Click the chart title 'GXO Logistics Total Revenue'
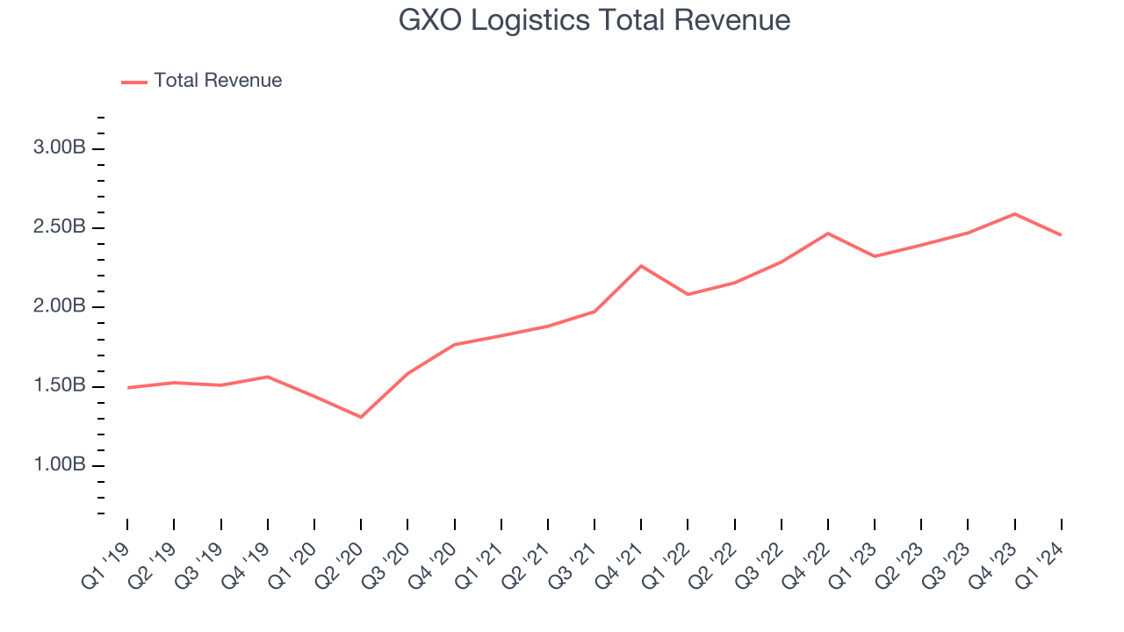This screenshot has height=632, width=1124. [594, 19]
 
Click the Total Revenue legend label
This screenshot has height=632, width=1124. [218, 81]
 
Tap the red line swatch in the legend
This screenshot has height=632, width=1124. [134, 82]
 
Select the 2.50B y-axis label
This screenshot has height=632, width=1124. [60, 227]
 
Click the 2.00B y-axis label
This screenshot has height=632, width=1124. [60, 307]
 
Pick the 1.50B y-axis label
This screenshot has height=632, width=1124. [60, 386]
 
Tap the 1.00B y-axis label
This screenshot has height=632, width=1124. [60, 465]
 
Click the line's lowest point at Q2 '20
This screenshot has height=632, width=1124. [361, 417]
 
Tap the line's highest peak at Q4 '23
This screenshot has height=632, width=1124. [1015, 213]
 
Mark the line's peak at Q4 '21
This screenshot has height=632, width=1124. [641, 265]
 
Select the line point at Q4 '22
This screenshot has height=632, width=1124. [828, 233]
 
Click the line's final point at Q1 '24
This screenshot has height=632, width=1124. [1062, 235]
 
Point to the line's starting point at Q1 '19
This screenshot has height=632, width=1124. [127, 387]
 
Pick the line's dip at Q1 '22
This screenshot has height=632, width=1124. [688, 294]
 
